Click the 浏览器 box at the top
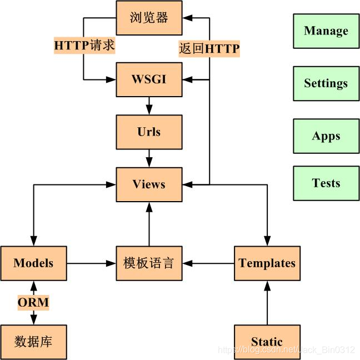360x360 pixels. (149, 17)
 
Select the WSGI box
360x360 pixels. (149, 79)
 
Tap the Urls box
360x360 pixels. (149, 132)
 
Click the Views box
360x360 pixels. (149, 184)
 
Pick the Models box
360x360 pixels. (33, 263)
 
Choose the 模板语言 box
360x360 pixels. (149, 263)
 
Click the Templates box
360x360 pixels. (267, 263)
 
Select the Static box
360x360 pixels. (267, 342)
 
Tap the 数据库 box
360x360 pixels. (33, 342)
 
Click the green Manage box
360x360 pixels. (326, 31)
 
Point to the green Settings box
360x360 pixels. (326, 83)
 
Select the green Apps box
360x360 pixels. (326, 136)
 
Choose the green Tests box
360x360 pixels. (326, 183)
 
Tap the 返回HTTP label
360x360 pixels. (209, 49)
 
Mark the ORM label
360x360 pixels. (33, 303)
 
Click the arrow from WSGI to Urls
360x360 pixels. (149, 106)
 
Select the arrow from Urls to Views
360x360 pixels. (149, 158)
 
